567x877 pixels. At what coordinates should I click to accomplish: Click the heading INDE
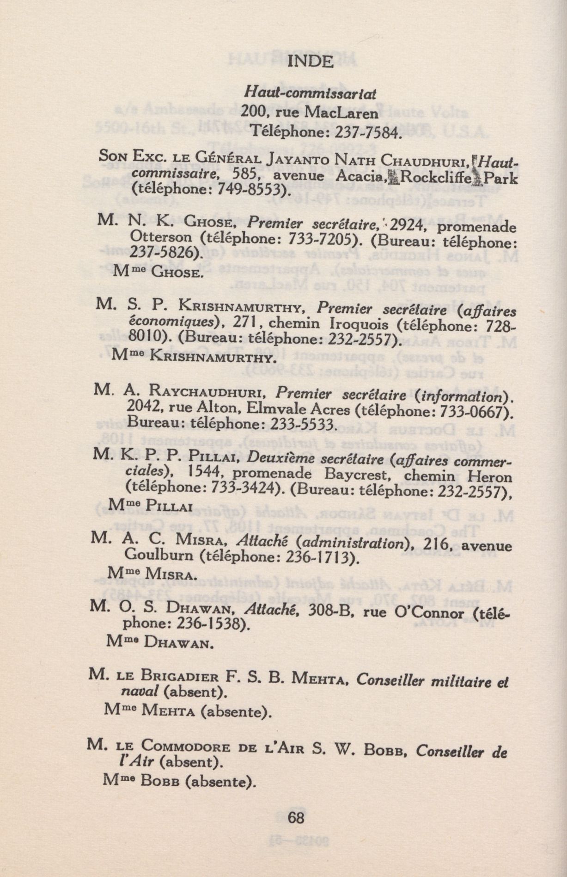point(310,62)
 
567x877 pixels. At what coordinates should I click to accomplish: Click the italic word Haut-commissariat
point(310,93)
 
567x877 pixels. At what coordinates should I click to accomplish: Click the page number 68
point(296,817)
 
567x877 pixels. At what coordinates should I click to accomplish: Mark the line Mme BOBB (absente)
point(179,782)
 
